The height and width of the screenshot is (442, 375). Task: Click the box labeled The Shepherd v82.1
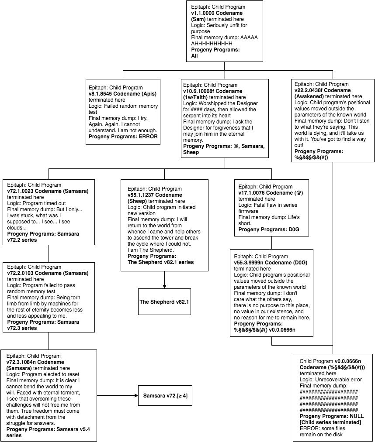click(x=164, y=302)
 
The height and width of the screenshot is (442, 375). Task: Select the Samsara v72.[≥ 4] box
click(x=165, y=396)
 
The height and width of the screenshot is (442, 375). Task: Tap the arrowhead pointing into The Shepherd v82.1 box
click(x=164, y=286)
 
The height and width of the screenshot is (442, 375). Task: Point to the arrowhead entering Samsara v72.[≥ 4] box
click(x=136, y=396)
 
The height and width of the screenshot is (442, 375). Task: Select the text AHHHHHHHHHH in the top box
click(x=212, y=44)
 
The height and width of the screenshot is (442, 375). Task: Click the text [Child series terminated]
click(x=330, y=422)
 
